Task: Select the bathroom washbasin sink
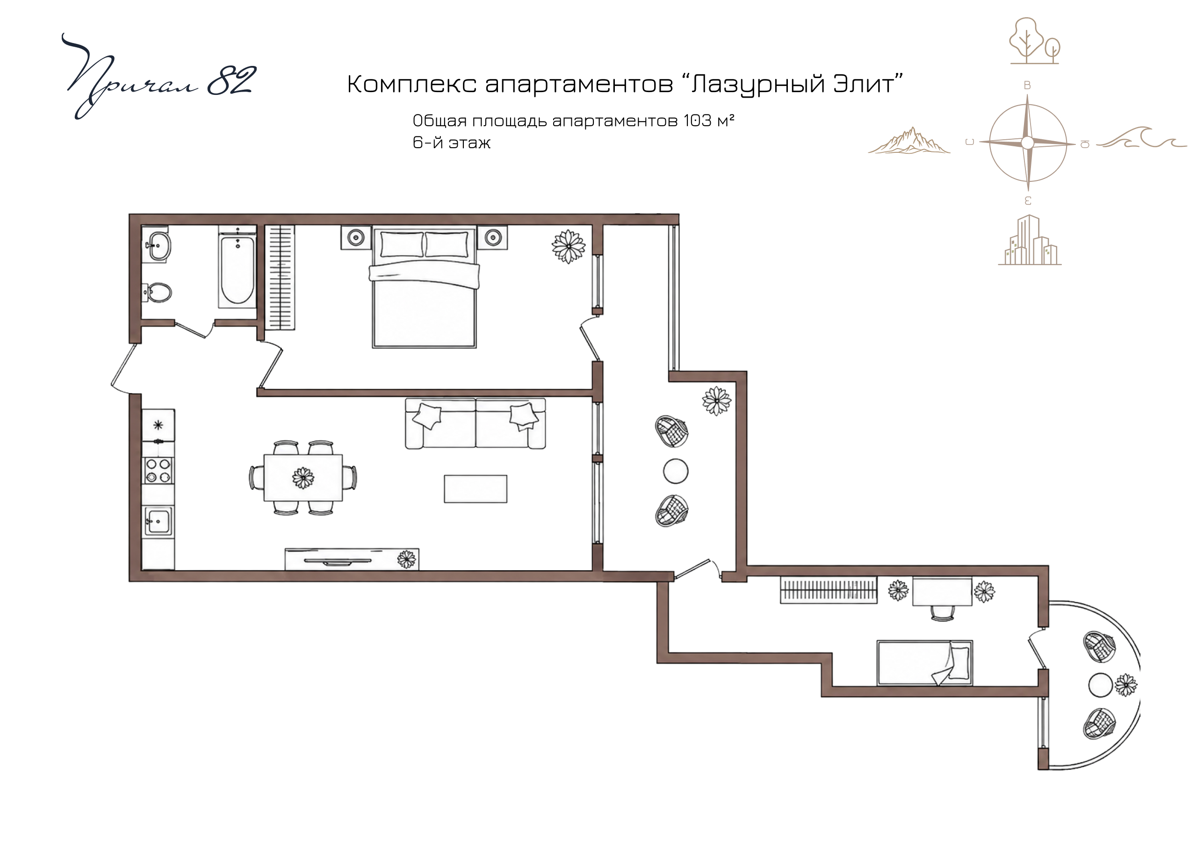tap(158, 246)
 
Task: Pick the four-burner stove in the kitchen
tap(159, 470)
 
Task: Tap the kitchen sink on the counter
tap(158, 521)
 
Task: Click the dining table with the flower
tap(303, 478)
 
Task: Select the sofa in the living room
tap(476, 423)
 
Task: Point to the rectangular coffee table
tap(476, 489)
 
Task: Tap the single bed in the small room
tap(925, 662)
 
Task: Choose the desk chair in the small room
tap(943, 613)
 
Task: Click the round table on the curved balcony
tap(1101, 685)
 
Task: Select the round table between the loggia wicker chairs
tap(676, 471)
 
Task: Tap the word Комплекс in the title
tap(412, 84)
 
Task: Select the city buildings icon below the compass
tap(1030, 240)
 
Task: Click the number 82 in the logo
tap(231, 81)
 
